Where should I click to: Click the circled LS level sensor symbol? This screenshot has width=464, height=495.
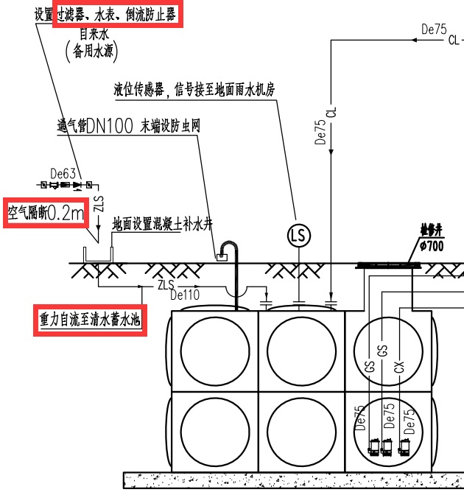299,236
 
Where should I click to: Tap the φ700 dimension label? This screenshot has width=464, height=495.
431,247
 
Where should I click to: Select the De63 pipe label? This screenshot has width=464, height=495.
63,173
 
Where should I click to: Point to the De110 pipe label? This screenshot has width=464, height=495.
186,295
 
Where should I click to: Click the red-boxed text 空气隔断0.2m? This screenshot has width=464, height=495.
45,214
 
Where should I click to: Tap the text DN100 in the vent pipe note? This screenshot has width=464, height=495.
111,127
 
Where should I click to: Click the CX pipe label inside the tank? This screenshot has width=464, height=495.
399,366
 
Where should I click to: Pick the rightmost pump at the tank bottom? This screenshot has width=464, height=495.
404,446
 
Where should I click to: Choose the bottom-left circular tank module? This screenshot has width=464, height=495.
214,430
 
